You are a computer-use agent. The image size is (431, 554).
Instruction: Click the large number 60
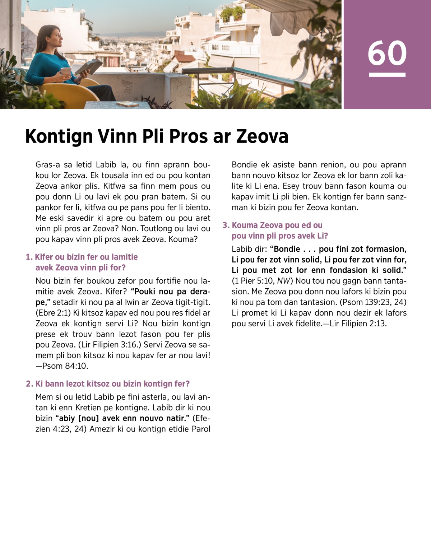click(387, 53)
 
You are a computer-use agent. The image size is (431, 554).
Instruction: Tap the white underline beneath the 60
click(387, 75)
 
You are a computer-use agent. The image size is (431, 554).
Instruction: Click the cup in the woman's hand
click(66, 71)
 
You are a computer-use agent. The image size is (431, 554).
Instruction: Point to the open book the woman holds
click(88, 66)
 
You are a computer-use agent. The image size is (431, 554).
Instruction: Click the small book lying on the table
click(128, 104)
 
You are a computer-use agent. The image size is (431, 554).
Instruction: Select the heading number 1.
click(29, 257)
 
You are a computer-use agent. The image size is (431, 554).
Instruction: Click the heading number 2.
click(29, 384)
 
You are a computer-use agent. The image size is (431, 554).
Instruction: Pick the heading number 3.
click(225, 225)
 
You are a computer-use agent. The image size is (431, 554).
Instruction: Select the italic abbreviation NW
click(283, 281)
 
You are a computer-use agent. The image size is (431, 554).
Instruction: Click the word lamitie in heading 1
click(124, 257)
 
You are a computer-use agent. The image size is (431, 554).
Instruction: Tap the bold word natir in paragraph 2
click(177, 418)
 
